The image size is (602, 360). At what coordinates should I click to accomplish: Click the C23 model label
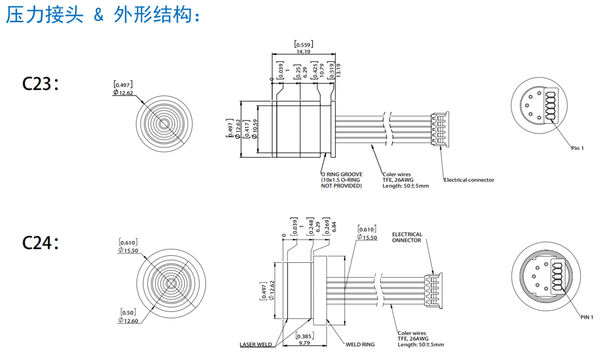click(40, 84)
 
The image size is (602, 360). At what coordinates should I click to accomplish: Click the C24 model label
click(40, 243)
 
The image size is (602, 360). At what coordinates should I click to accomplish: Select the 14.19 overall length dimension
click(303, 51)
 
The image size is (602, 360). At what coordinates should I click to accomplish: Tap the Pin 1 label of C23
click(577, 148)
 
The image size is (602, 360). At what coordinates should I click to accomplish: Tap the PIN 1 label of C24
click(587, 317)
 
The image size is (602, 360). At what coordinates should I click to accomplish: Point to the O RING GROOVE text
click(342, 174)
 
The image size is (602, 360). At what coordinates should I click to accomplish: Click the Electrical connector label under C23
click(469, 180)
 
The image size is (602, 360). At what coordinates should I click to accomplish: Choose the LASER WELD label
click(256, 344)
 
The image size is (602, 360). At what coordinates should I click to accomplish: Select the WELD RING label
click(360, 344)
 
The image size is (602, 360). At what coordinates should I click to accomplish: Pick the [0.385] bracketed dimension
click(304, 336)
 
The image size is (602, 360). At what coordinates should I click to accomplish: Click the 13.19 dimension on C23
click(338, 70)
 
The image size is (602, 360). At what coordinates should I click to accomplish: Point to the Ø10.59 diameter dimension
click(254, 129)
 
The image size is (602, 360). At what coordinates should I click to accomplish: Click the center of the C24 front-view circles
click(171, 283)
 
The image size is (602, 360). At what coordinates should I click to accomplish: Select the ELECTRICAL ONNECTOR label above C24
click(407, 237)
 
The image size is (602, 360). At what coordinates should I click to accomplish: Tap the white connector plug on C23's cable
click(439, 130)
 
